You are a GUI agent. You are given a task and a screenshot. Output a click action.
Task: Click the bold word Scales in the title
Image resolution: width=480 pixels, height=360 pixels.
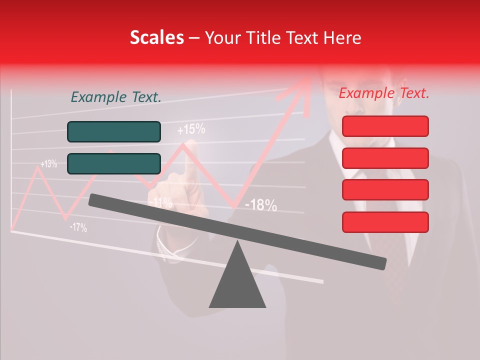tap(156, 38)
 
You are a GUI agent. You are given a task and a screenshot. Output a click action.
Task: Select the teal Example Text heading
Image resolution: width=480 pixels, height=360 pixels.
tap(116, 97)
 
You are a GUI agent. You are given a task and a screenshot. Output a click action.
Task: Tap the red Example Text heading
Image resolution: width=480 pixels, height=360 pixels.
tap(384, 93)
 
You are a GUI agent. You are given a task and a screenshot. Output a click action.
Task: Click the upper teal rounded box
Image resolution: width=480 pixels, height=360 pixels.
tap(114, 131)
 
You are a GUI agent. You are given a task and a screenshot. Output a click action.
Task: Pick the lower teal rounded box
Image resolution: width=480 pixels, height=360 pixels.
tap(114, 163)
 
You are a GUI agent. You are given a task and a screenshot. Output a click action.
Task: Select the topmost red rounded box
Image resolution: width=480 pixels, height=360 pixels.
tap(385, 126)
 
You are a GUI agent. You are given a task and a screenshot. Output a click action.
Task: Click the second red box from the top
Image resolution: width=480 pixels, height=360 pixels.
tap(385, 158)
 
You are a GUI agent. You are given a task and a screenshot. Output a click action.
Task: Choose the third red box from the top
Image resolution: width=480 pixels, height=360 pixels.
tap(385, 190)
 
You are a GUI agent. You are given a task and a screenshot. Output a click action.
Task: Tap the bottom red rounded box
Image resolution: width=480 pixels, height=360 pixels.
tap(385, 222)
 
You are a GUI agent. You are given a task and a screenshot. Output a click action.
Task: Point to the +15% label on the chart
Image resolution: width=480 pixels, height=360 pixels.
tap(191, 130)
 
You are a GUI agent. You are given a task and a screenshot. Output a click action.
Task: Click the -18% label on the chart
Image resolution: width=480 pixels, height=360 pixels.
tap(260, 205)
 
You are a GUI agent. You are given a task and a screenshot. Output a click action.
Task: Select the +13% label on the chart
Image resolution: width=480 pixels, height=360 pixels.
tap(48, 164)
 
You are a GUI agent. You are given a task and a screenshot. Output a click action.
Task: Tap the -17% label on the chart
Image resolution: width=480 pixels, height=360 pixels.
tap(78, 228)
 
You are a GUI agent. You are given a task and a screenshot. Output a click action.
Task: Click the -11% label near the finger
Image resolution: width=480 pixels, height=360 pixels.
tap(161, 203)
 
